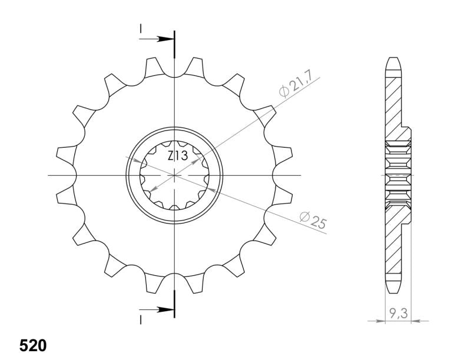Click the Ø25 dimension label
[313, 220]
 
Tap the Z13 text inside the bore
[178, 156]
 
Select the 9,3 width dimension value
[399, 314]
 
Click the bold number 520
[33, 346]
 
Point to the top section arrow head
[165, 39]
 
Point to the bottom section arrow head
[165, 309]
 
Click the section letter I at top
[140, 28]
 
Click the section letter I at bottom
[140, 320]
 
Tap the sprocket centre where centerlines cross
[174, 175]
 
